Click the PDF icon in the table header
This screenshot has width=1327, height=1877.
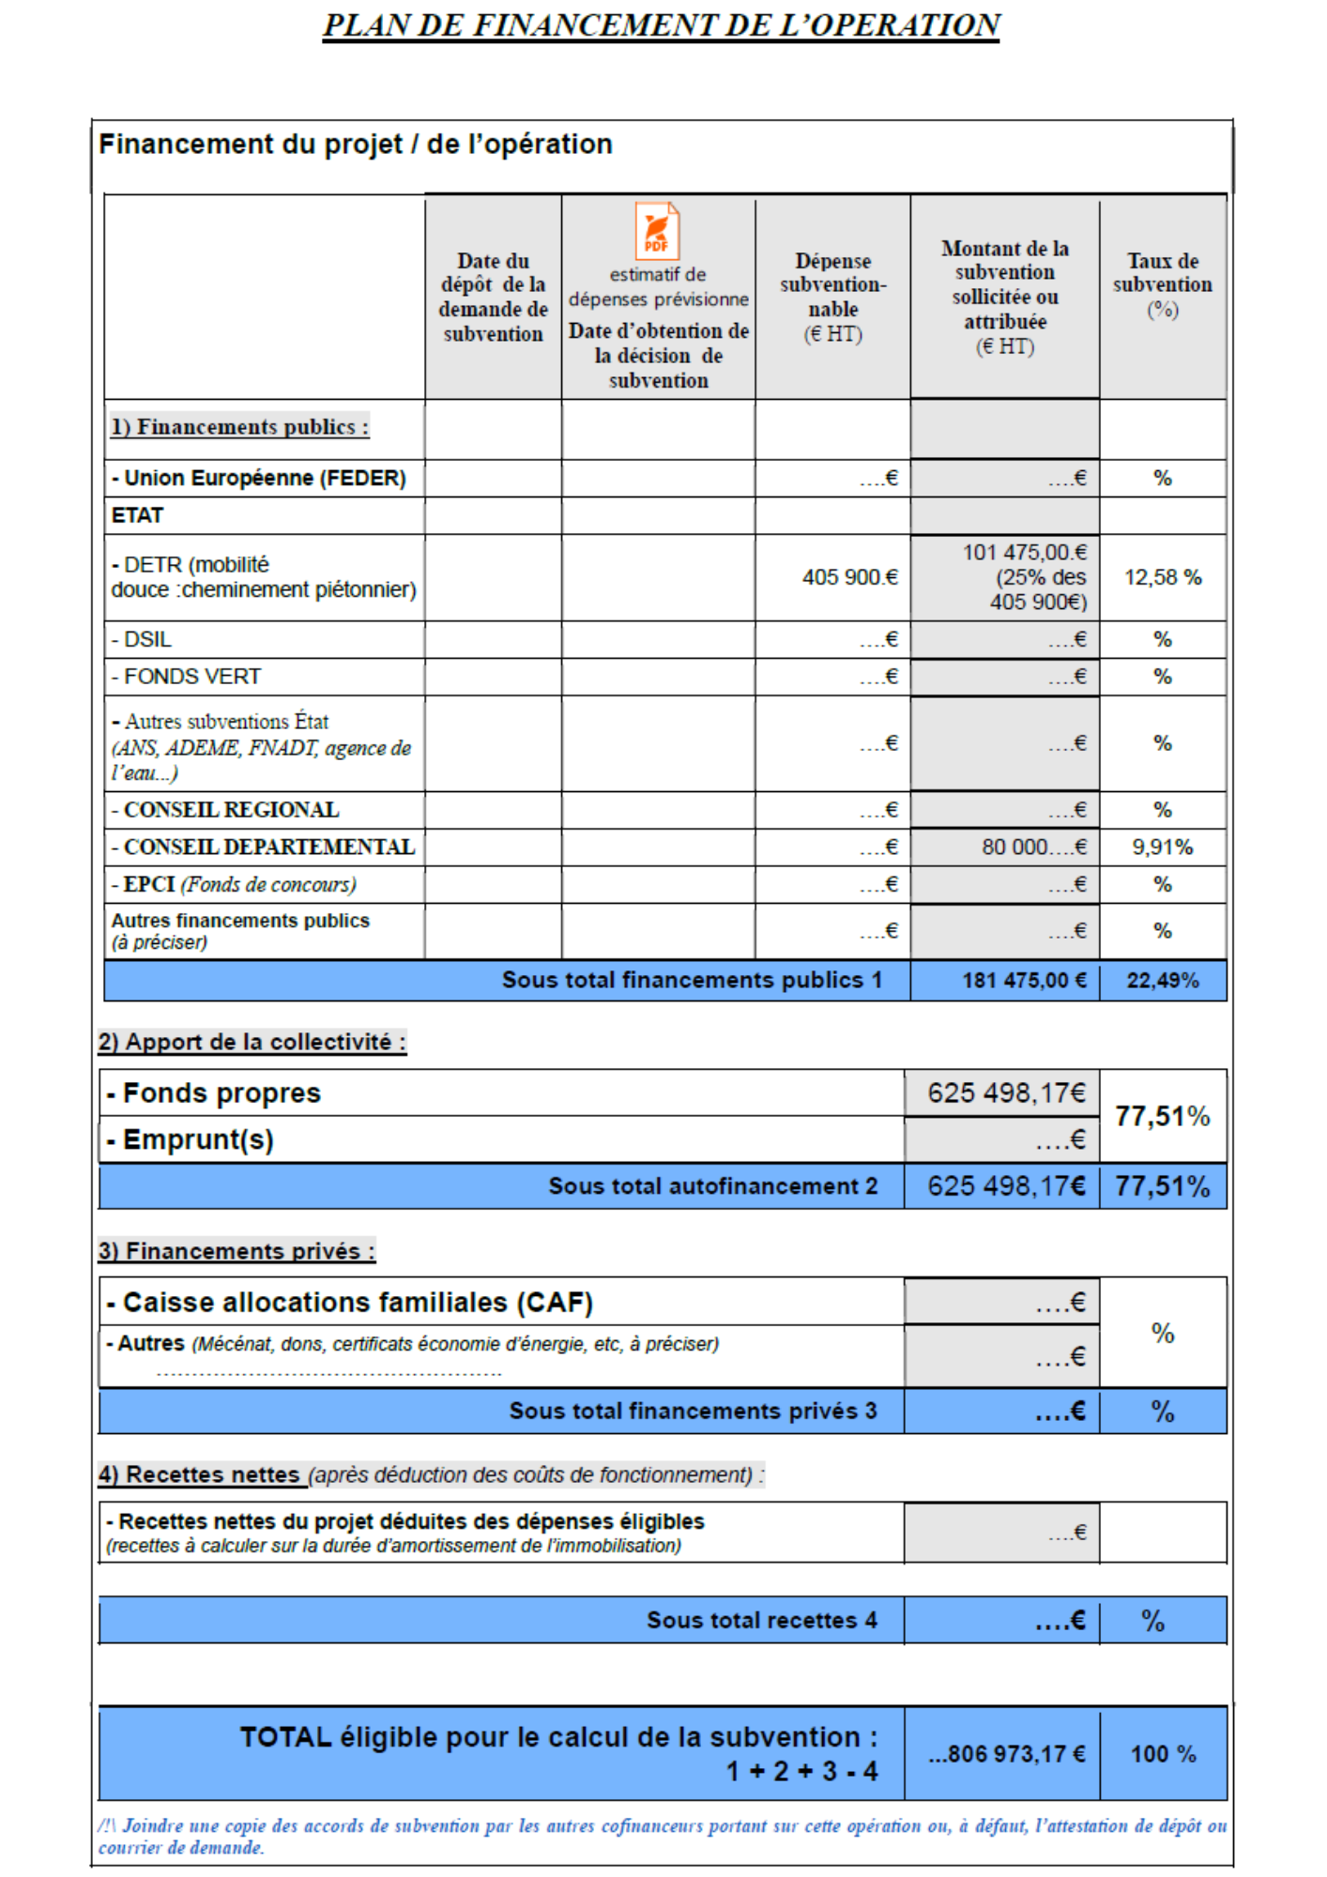point(657,231)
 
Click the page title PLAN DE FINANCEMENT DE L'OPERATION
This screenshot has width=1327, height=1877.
point(662,25)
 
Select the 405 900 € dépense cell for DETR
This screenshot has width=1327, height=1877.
point(849,577)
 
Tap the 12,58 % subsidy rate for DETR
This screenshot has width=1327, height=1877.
point(1163,577)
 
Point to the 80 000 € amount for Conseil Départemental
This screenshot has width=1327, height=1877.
point(1033,847)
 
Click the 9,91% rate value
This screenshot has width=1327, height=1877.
point(1162,847)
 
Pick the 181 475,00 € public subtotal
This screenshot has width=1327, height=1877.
point(1024,981)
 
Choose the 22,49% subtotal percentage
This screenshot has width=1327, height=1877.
point(1163,981)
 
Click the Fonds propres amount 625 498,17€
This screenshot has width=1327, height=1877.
point(1006,1093)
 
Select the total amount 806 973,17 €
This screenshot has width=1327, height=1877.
point(1007,1754)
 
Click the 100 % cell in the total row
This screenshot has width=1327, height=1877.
point(1163,1754)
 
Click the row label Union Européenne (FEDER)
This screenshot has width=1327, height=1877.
point(259,479)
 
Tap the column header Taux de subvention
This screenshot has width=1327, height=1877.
point(1163,283)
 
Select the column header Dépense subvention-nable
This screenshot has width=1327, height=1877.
point(832,296)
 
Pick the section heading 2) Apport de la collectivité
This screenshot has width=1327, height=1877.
point(252,1042)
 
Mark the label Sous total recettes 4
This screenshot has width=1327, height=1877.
point(761,1621)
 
